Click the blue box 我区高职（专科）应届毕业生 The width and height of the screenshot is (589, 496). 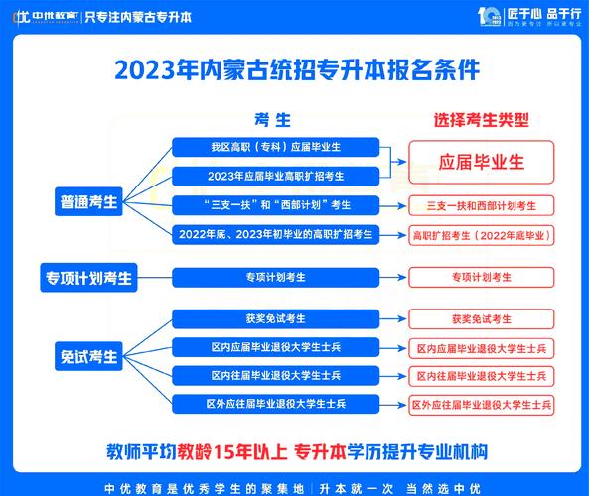pyautogui.click(x=275, y=147)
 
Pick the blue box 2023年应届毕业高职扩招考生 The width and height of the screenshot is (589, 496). pyautogui.click(x=275, y=176)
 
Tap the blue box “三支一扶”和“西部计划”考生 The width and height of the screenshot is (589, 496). pyautogui.click(x=275, y=205)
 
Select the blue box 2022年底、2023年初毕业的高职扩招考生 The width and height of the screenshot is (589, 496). pyautogui.click(x=275, y=235)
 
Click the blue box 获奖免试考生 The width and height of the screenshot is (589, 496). pyautogui.click(x=275, y=318)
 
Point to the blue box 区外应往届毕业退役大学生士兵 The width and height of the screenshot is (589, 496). pyautogui.click(x=275, y=404)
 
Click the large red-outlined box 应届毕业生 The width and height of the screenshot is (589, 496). pyautogui.click(x=482, y=161)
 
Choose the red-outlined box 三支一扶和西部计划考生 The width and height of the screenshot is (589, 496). pyautogui.click(x=482, y=206)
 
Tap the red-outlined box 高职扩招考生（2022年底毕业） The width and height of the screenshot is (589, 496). pyautogui.click(x=482, y=235)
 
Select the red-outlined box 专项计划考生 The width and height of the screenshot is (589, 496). pyautogui.click(x=482, y=277)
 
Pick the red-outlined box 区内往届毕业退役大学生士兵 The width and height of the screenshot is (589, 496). pyautogui.click(x=482, y=376)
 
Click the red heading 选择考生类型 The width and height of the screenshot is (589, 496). pyautogui.click(x=481, y=120)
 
